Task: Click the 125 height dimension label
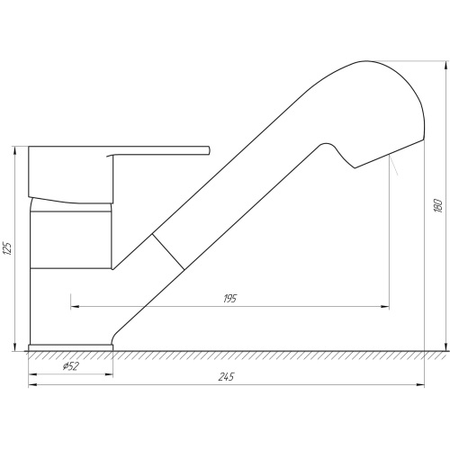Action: (x=8, y=247)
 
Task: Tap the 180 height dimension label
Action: (x=438, y=205)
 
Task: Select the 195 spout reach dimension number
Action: (x=230, y=299)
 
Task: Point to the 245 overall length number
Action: (x=226, y=377)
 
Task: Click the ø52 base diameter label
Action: (x=71, y=366)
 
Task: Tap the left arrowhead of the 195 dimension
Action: (x=75, y=307)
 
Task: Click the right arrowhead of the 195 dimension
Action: (x=385, y=307)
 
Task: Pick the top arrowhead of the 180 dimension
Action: (x=446, y=66)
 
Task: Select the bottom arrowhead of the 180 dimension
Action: (x=446, y=346)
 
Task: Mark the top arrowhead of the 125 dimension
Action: (x=14, y=151)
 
